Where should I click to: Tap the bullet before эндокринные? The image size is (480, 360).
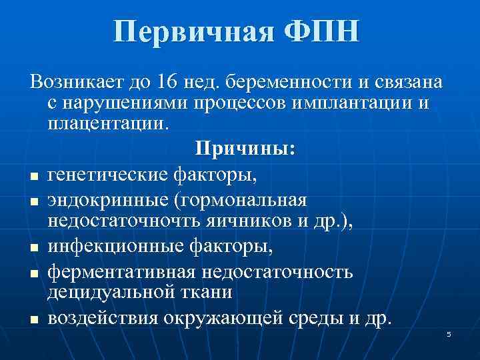pyautogui.click(x=33, y=201)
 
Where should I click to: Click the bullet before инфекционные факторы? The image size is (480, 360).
pyautogui.click(x=33, y=249)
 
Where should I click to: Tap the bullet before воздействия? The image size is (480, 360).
pyautogui.click(x=33, y=321)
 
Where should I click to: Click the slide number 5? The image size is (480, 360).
pyautogui.click(x=449, y=333)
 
